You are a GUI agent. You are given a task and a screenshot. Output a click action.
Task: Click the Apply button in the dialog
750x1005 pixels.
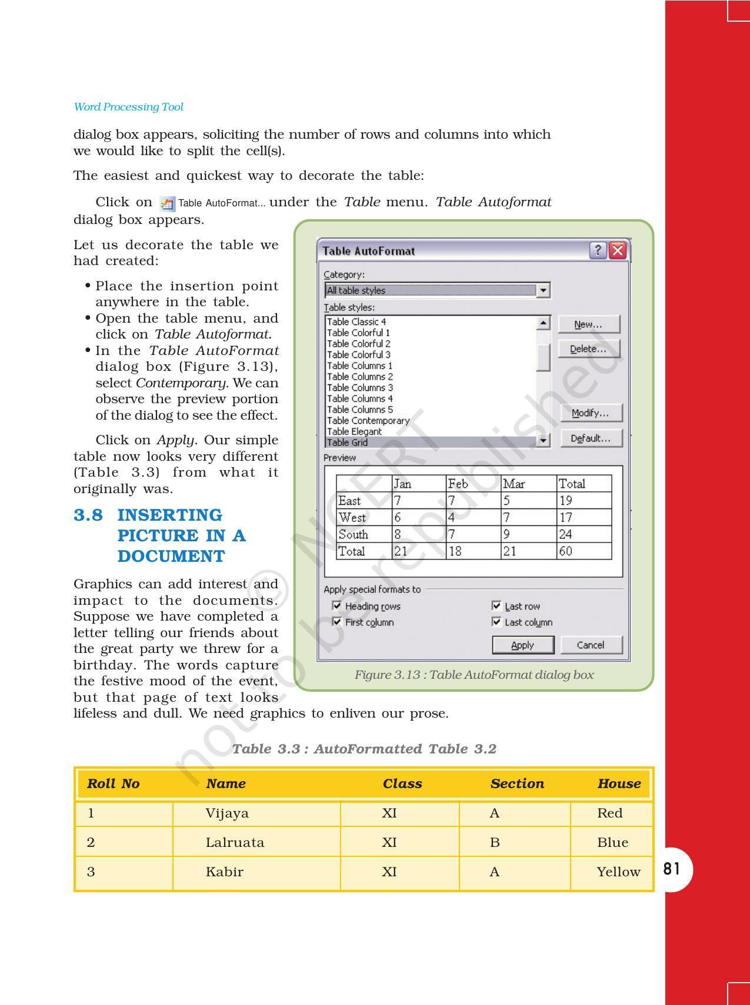click(x=522, y=645)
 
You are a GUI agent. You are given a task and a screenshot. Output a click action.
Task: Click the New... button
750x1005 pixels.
click(x=588, y=324)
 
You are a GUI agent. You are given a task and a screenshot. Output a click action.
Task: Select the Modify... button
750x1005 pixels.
click(x=591, y=413)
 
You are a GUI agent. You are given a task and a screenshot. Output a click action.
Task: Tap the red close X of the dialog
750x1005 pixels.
click(x=618, y=251)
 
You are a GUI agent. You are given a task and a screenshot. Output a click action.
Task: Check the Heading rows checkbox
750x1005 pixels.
click(x=337, y=606)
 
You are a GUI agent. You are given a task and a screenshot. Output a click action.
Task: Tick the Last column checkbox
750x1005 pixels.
click(x=496, y=622)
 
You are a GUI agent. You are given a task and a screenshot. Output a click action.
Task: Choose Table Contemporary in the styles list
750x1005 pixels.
click(x=368, y=421)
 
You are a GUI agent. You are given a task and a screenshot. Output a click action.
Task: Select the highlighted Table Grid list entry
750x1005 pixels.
click(x=347, y=443)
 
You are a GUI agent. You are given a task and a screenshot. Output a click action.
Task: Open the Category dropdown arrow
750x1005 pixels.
click(x=544, y=290)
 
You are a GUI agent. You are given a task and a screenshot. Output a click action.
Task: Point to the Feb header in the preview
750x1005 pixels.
click(x=458, y=484)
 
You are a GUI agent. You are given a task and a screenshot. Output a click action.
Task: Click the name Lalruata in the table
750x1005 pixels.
click(x=235, y=842)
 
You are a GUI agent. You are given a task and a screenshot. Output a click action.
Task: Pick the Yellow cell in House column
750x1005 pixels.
click(x=618, y=872)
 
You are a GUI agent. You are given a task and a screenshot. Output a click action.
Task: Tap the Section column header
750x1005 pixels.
click(x=517, y=783)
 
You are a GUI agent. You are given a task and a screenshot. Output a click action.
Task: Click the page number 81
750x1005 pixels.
click(x=671, y=869)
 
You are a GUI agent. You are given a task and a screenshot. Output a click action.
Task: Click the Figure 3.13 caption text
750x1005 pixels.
click(x=474, y=675)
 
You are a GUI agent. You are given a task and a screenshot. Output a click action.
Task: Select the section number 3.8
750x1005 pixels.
click(x=88, y=515)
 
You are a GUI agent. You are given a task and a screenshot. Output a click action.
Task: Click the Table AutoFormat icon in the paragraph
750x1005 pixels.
click(x=167, y=203)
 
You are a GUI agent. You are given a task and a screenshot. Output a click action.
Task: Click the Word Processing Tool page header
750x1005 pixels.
click(x=128, y=107)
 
